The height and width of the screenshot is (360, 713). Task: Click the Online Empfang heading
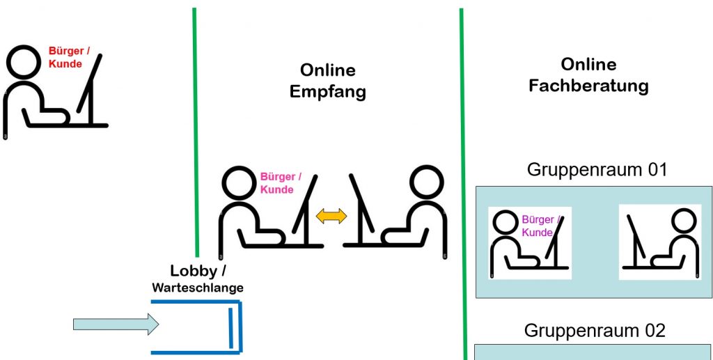click(327, 81)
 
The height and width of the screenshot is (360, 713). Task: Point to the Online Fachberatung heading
click(588, 75)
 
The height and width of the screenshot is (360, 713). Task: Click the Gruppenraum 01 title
click(597, 169)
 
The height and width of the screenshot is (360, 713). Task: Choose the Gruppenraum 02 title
click(595, 330)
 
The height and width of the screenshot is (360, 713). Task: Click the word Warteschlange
click(198, 287)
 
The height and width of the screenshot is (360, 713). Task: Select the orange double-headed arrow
click(331, 217)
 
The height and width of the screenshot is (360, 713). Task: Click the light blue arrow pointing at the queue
click(116, 324)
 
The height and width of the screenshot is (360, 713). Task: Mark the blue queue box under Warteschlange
click(197, 327)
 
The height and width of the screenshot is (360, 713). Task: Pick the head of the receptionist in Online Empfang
click(426, 184)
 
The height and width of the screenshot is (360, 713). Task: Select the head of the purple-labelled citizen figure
click(506, 225)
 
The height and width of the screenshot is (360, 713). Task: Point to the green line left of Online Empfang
click(196, 132)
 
